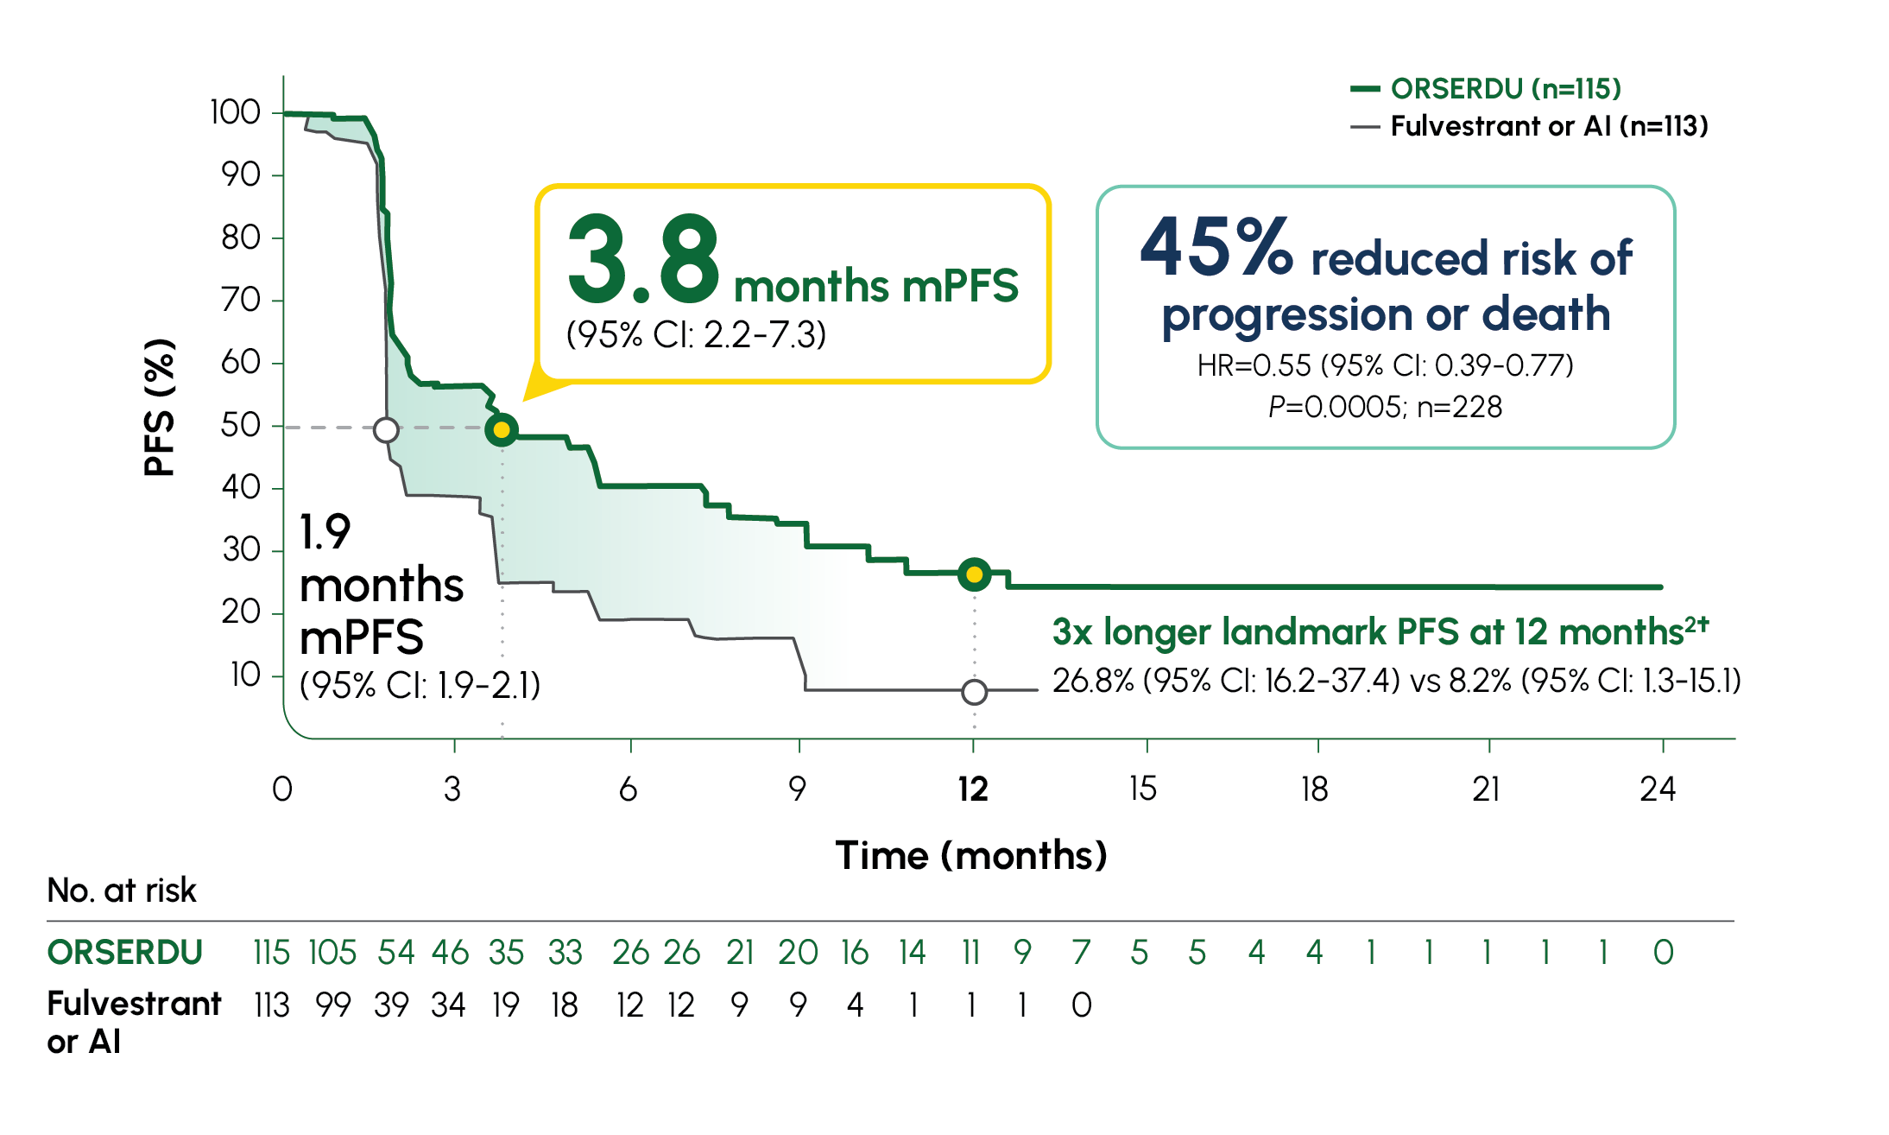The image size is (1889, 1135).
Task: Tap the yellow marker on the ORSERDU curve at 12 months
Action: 974,574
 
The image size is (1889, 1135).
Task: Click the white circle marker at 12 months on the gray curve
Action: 974,691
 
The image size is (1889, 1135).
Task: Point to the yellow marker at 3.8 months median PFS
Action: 502,429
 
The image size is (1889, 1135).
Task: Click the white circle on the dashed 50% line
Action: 386,429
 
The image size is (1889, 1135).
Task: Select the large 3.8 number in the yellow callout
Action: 642,259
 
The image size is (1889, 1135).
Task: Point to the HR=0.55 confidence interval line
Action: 1385,365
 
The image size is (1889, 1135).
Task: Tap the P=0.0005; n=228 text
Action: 1385,407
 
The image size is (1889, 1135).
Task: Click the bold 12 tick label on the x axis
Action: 972,789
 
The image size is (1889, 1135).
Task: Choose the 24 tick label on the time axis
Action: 1658,789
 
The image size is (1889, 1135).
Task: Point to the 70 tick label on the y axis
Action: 241,300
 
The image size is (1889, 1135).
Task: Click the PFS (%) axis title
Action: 160,408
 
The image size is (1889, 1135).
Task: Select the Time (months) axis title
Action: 971,856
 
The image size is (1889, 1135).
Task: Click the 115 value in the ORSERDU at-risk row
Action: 271,953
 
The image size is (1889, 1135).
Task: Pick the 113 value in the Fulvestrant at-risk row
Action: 271,1005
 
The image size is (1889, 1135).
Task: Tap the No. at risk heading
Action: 122,891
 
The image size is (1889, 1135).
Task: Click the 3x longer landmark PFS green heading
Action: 1380,632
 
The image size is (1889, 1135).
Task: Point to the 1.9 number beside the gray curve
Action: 325,532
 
